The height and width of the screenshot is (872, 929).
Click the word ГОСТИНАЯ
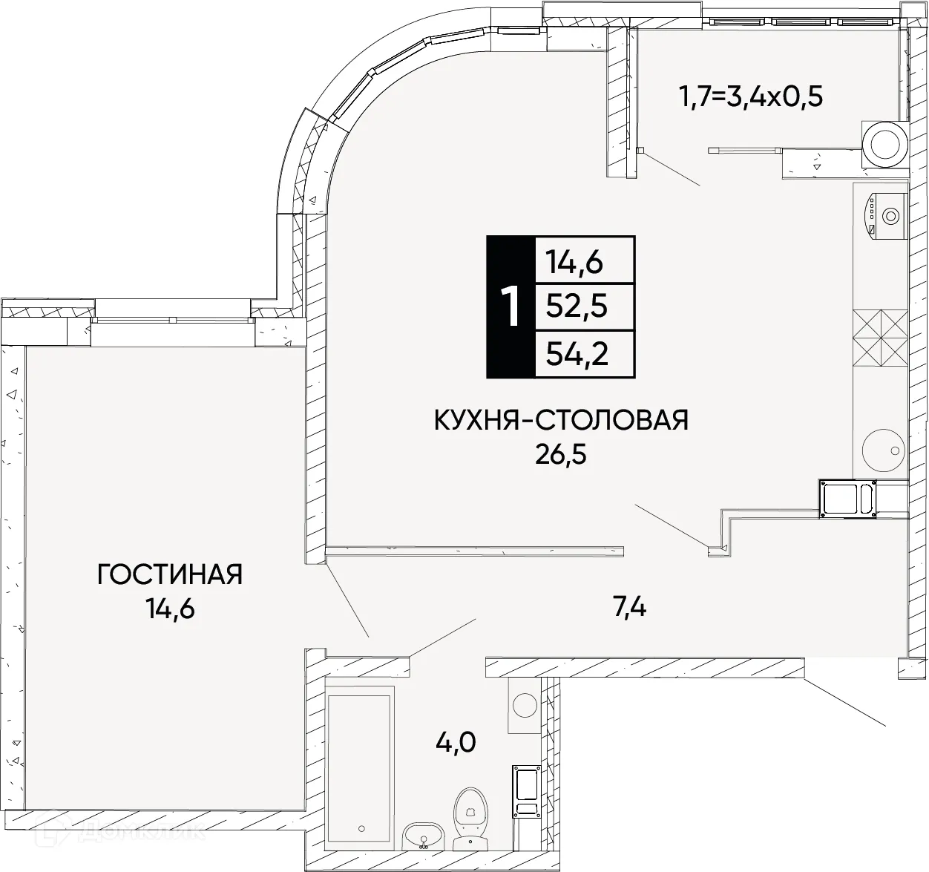pos(170,574)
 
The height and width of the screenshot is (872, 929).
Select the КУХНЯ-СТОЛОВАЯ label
pos(561,420)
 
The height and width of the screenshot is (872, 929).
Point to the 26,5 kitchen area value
pos(561,454)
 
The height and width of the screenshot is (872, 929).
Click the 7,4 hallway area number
pos(629,608)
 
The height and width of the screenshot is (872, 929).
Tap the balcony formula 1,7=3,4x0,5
pos(751,96)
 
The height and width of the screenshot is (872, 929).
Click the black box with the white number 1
pos(510,306)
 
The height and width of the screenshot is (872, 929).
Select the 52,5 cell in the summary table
pos(577,306)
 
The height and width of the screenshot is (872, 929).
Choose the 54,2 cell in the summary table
pos(577,354)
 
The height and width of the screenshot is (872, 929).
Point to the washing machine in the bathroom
pos(525,704)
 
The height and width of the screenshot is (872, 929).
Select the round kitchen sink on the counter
pos(883,449)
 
